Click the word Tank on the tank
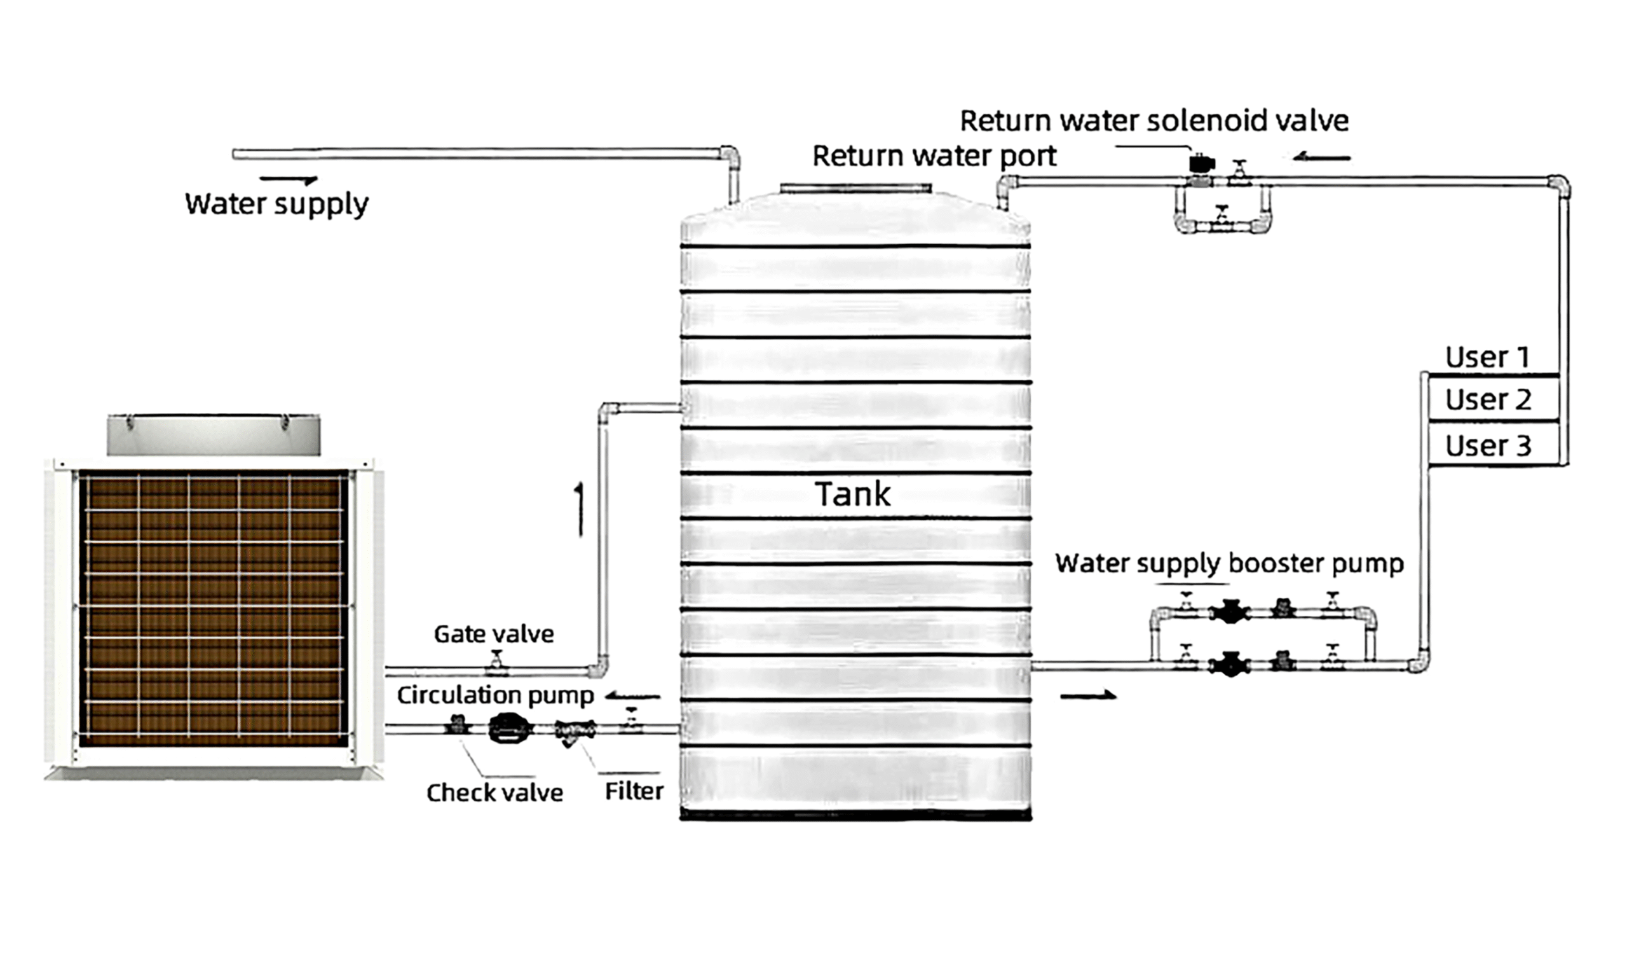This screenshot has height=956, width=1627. (x=852, y=494)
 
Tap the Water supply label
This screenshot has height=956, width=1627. (x=276, y=204)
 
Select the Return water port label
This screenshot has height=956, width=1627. (x=934, y=156)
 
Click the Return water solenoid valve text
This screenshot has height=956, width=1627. (x=1154, y=121)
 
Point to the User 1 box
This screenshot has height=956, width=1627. (x=1488, y=357)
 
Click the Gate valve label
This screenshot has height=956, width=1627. (x=494, y=634)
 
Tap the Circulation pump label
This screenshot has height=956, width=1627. (x=495, y=695)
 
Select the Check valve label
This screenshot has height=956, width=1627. (x=494, y=793)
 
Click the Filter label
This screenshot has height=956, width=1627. (x=634, y=791)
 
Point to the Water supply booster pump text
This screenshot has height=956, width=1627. (x=1229, y=564)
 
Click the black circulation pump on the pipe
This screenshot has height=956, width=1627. (x=510, y=728)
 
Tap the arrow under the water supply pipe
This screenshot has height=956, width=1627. (x=289, y=180)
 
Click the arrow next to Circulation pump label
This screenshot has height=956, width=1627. (x=633, y=696)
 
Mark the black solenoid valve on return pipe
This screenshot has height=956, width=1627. (x=1201, y=164)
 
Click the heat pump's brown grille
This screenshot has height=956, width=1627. (x=213, y=607)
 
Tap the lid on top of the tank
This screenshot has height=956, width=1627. (x=855, y=188)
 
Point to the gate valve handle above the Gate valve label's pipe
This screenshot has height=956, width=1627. (x=496, y=659)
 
